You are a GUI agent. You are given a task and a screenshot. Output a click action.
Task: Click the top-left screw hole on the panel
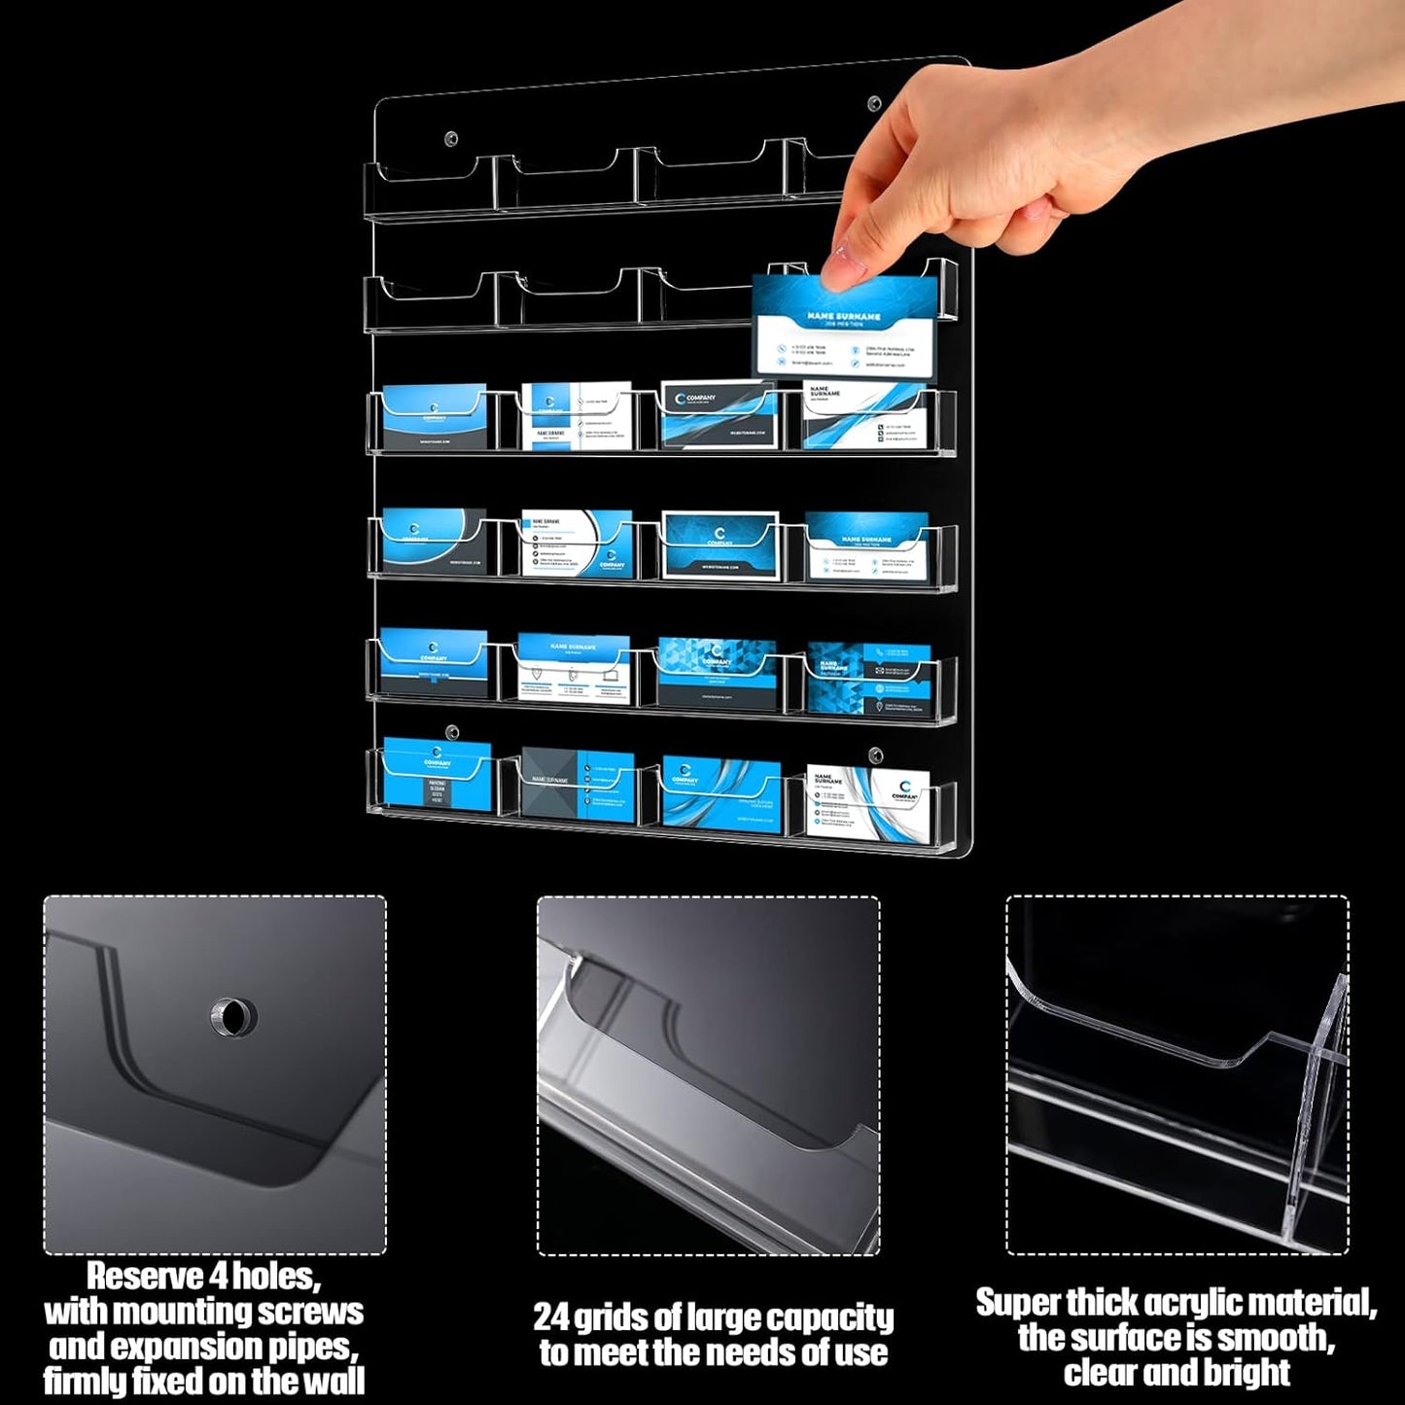[x=450, y=138]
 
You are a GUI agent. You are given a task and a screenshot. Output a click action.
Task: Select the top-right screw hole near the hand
[x=874, y=103]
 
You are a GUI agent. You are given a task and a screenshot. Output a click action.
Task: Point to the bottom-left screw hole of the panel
[x=451, y=730]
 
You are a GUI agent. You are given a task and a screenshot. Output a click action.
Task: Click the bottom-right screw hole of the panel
[x=875, y=755]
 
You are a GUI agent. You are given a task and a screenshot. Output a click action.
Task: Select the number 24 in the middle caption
[x=551, y=1317]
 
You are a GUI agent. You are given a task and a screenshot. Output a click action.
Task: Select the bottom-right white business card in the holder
[x=867, y=802]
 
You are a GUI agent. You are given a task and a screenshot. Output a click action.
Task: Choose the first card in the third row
[x=434, y=418]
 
